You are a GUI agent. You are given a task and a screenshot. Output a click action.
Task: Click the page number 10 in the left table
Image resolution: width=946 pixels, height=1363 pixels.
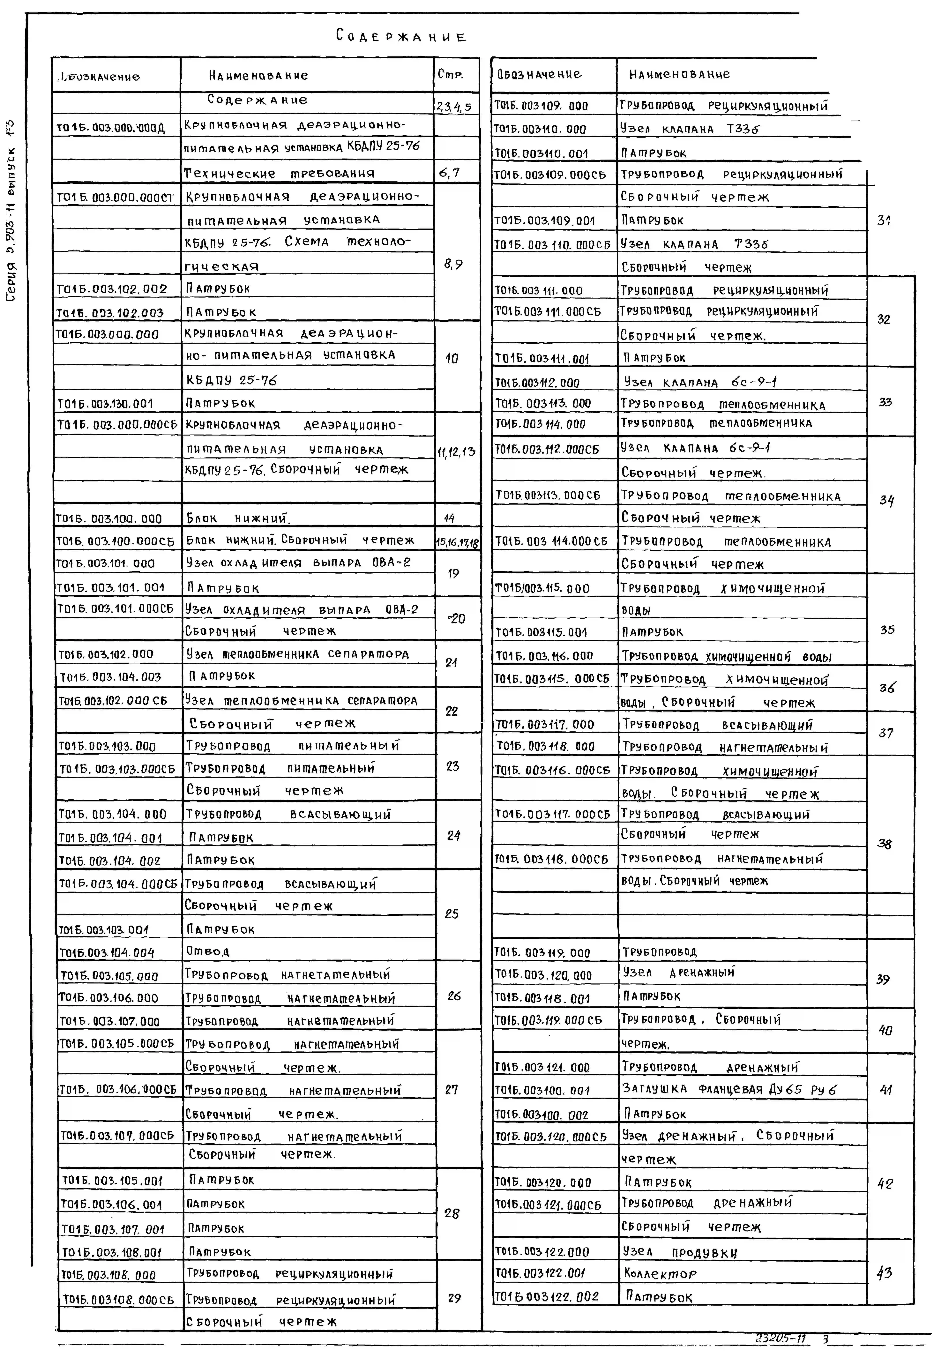[x=452, y=358]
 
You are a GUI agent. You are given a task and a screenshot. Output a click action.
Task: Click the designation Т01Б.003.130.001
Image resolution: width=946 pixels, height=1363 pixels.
[x=105, y=404]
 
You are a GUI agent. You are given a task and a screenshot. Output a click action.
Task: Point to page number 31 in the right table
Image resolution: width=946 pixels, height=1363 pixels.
[x=884, y=221]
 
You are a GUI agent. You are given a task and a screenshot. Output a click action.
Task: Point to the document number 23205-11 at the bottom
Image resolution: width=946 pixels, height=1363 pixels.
[x=781, y=1339]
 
